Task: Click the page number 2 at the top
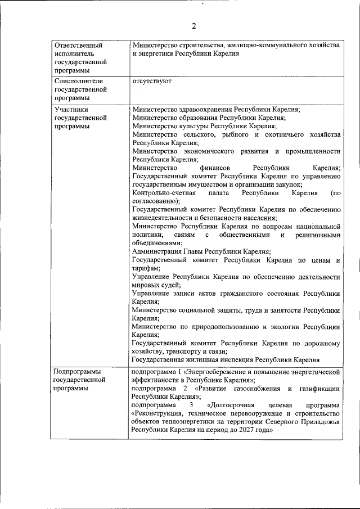tap(194, 26)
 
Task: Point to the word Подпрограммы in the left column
tap(77, 372)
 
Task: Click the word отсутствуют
tap(152, 81)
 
